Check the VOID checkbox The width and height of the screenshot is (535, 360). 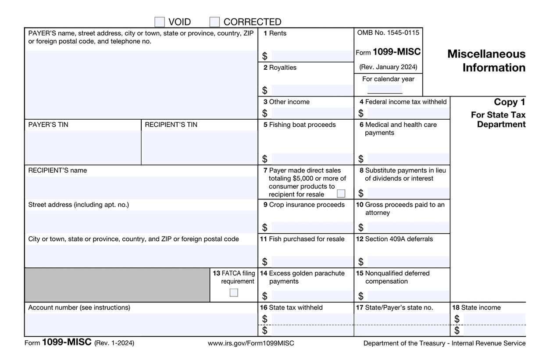click(x=160, y=22)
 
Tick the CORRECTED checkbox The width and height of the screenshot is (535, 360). click(x=214, y=22)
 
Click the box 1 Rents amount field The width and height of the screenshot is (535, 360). click(x=312, y=56)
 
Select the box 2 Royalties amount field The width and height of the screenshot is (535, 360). click(x=312, y=90)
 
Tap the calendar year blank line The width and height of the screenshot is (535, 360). click(x=385, y=89)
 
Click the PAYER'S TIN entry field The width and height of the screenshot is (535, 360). click(x=83, y=147)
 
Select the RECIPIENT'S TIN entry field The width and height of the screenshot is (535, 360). click(x=200, y=147)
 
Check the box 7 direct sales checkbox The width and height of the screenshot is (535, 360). click(x=341, y=193)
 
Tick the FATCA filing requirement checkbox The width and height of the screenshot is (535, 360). click(x=234, y=292)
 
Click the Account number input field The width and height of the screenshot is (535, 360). click(x=141, y=324)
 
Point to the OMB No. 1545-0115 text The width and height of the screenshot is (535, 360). click(x=388, y=33)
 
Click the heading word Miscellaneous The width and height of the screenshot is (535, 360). click(x=486, y=54)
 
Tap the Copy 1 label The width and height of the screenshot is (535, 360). click(x=509, y=102)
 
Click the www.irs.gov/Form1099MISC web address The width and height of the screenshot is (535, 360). click(x=251, y=343)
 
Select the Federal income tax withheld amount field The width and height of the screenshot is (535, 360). click(x=408, y=113)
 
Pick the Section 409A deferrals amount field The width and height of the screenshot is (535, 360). click(x=408, y=262)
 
